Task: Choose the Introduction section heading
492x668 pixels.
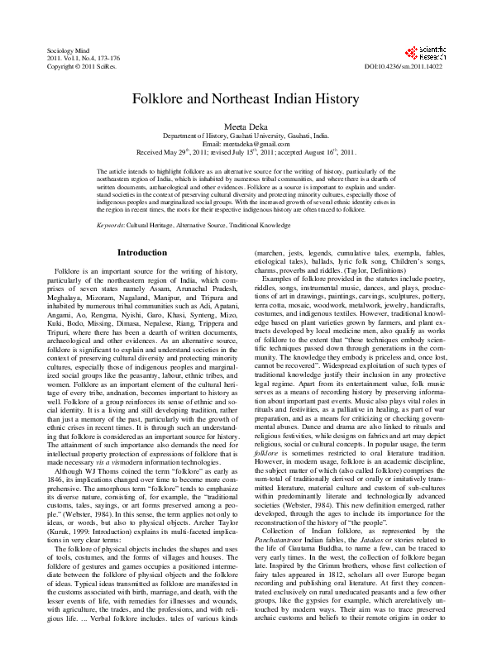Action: click(141, 251)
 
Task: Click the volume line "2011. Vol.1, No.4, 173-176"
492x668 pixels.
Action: click(84, 59)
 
